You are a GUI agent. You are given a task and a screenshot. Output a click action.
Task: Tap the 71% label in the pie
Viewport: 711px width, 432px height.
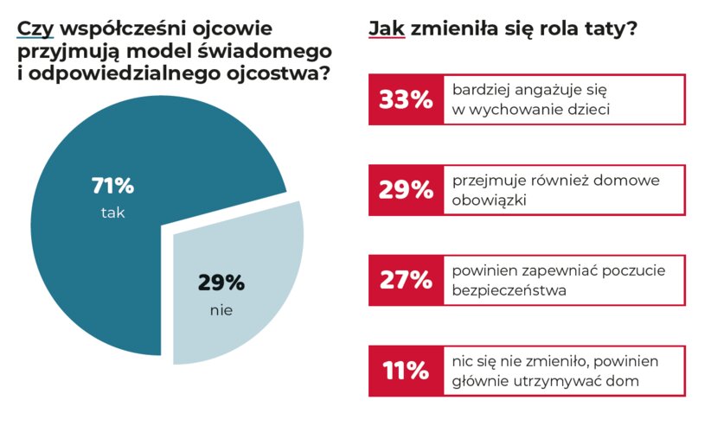click(112, 185)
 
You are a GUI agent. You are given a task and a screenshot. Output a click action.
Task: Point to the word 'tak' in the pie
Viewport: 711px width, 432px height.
click(112, 213)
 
